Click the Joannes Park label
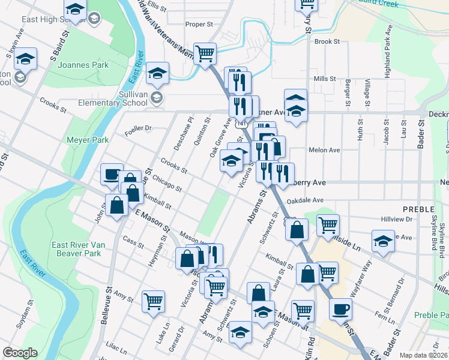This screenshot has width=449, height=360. point(83,65)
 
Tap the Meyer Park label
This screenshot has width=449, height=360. point(88,140)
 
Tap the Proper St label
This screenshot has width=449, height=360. point(199,25)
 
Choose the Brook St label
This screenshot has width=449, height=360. point(327,42)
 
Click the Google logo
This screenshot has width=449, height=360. point(20,353)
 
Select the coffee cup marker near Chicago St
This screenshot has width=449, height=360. point(111,173)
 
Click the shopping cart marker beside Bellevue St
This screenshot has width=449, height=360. point(153,300)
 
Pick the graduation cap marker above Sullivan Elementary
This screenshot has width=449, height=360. point(157,73)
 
